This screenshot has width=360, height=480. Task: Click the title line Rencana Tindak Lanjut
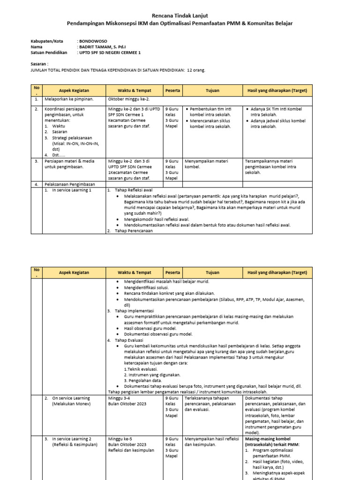(180, 15)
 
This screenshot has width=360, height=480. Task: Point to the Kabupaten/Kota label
(47, 41)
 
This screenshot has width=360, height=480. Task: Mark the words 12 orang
(196, 70)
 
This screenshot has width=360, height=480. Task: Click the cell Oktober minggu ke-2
(128, 99)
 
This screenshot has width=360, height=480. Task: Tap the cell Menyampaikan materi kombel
(206, 164)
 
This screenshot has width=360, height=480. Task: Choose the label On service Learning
(71, 398)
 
